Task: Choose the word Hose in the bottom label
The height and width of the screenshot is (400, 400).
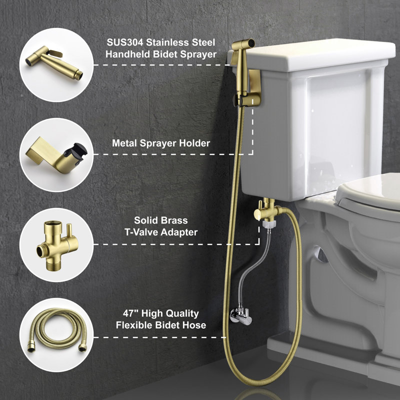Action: point(196,325)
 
